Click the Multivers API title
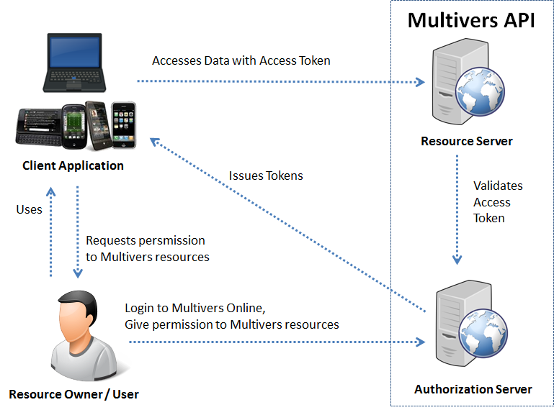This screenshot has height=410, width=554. pos(471,20)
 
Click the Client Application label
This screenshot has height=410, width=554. pos(73,166)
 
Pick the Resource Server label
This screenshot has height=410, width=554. pos(467,141)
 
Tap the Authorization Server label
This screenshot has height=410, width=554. pos(473,390)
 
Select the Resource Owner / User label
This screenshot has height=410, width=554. pos(73,394)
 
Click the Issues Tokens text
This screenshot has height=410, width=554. pos(266,176)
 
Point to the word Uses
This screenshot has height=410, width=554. pos(30,210)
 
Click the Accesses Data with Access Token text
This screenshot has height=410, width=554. pos(241,60)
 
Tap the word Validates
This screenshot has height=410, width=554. pos(498,186)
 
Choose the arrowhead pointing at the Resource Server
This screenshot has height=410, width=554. pos(420,83)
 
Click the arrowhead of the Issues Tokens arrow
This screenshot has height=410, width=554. pos(155,141)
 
